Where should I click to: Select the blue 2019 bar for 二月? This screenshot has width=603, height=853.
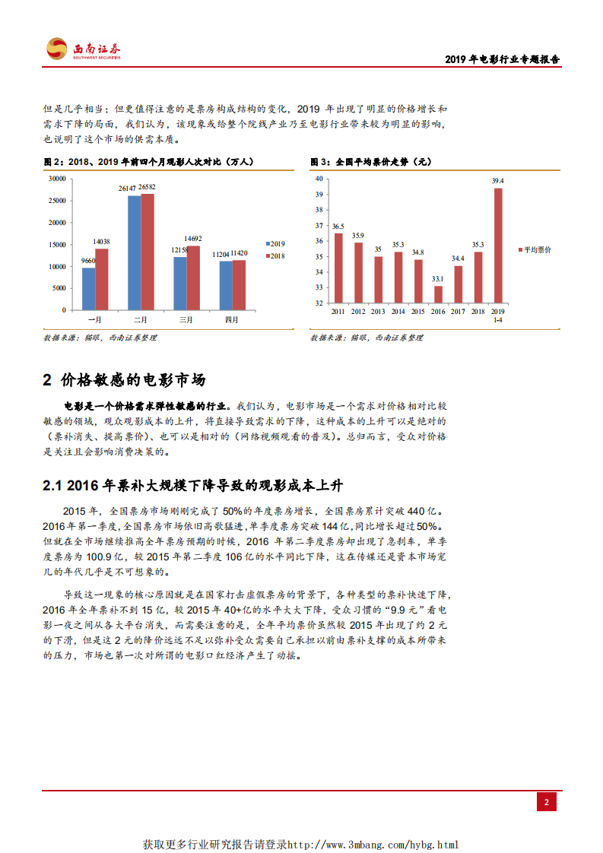[134, 252]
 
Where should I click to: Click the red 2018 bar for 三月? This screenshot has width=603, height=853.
[193, 277]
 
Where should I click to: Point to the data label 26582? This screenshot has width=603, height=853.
[148, 187]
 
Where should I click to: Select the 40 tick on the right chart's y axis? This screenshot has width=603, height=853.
[319, 179]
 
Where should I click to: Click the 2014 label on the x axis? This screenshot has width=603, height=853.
[398, 312]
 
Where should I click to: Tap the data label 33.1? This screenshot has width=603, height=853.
[438, 279]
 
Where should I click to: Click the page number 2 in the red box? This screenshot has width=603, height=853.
[546, 802]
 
